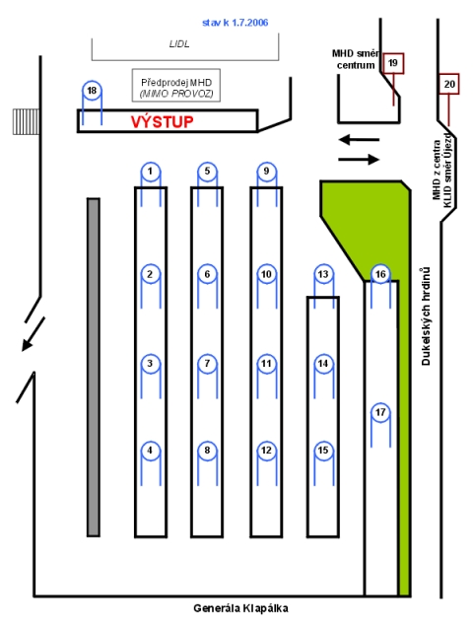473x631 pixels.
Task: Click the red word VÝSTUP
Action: (162, 121)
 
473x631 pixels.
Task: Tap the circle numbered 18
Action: (92, 90)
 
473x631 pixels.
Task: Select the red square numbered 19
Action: (393, 63)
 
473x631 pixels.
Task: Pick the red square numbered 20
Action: (449, 84)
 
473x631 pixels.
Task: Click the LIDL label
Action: (179, 43)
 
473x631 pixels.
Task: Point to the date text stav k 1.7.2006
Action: (235, 23)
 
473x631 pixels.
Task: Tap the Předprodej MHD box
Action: (176, 86)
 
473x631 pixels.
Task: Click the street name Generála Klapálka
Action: (240, 608)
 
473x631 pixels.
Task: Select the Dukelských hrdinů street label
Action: (426, 316)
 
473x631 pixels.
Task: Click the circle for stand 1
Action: (151, 172)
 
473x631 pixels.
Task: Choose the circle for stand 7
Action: (207, 364)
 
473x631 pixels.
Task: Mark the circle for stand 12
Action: (267, 451)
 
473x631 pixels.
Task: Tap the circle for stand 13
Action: (323, 274)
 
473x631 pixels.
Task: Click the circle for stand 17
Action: (380, 412)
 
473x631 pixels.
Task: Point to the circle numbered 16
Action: (380, 274)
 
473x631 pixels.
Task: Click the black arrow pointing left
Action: (359, 140)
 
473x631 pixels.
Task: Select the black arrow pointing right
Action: (359, 160)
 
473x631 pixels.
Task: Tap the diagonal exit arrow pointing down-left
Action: (33, 334)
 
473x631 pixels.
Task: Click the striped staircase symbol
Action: (26, 121)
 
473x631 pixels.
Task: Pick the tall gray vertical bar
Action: (94, 367)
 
